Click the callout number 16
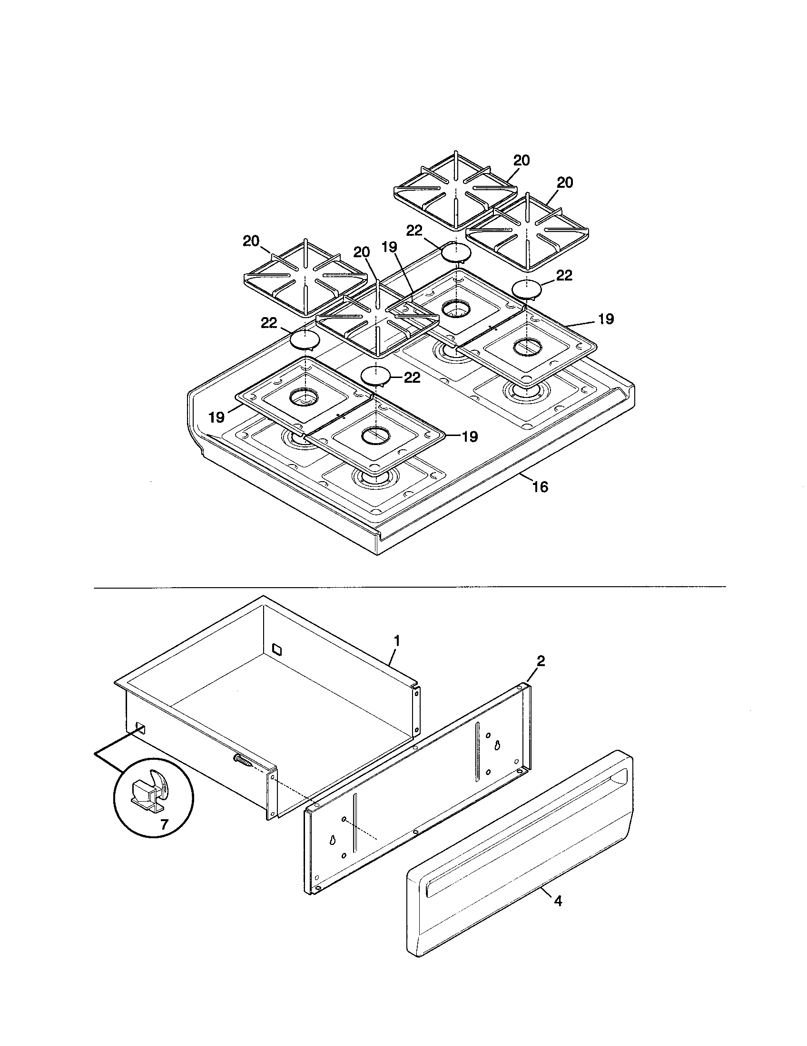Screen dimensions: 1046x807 540,487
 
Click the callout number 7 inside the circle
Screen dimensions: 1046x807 164,825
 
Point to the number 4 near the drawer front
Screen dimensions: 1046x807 558,902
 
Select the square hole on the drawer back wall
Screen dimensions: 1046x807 277,649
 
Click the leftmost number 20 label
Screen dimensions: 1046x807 251,242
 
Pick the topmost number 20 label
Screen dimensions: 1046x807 522,160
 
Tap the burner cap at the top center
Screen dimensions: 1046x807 456,252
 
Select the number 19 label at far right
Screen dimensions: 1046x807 606,319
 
